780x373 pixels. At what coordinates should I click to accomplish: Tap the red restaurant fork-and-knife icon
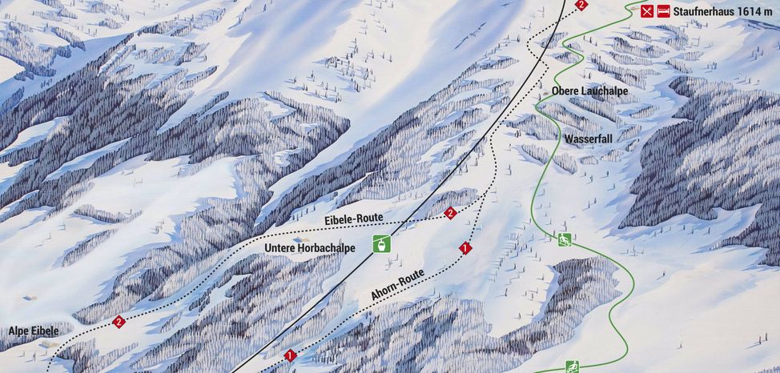point(647,11)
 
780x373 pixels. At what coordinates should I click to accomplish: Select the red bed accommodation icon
point(663,11)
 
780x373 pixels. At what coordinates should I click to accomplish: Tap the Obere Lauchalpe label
point(590,92)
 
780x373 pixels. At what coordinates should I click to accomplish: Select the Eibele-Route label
point(354,219)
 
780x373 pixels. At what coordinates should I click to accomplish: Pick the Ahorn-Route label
point(397,285)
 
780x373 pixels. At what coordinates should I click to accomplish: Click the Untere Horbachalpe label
point(310,248)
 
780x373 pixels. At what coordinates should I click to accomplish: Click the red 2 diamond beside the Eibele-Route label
point(450,213)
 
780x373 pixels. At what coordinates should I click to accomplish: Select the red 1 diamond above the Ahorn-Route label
point(464,248)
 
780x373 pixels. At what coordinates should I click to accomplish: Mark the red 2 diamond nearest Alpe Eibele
point(119,322)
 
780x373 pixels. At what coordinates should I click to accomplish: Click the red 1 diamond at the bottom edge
point(290,355)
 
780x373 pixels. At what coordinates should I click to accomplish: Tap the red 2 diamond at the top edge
point(581,5)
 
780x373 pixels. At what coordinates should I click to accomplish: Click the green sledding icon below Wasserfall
point(565,239)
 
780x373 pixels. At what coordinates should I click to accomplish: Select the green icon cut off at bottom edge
point(573,367)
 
